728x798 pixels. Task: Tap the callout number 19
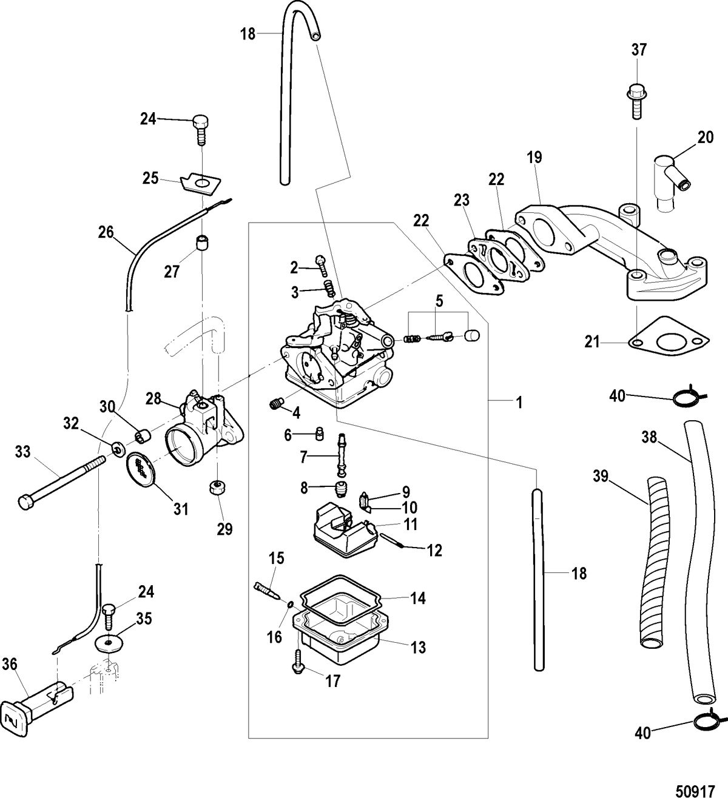534,158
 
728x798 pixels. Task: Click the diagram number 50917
696,786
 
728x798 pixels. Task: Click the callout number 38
649,437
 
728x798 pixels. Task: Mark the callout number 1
519,402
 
